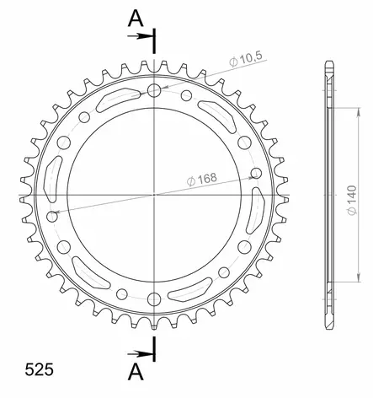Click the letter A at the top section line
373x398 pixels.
click(134, 18)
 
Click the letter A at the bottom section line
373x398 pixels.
click(134, 371)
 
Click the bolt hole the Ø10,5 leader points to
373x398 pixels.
click(154, 90)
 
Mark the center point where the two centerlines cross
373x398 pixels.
click(154, 194)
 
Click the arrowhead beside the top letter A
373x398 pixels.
click(148, 35)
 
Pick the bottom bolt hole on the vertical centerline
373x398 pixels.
click(154, 298)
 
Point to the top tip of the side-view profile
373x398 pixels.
click(327, 63)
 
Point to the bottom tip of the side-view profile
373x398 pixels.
click(327, 325)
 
